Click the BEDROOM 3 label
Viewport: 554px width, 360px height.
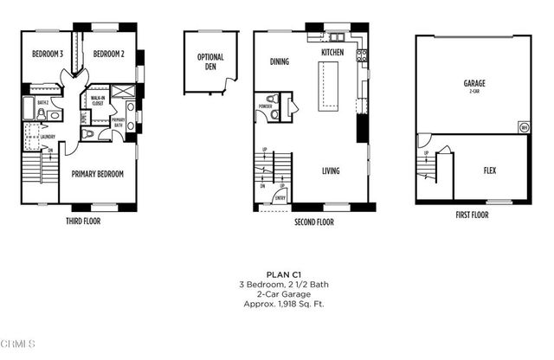(48, 54)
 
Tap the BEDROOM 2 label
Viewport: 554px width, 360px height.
(110, 54)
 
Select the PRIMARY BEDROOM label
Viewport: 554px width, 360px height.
(97, 174)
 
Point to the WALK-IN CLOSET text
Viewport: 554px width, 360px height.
(98, 101)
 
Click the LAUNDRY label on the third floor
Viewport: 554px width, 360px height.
(48, 136)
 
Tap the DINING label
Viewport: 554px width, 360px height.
(279, 62)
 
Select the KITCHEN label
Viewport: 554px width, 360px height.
(332, 53)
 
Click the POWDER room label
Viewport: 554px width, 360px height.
(265, 107)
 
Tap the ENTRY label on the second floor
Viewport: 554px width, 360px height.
(280, 198)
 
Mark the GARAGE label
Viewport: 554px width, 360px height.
(473, 84)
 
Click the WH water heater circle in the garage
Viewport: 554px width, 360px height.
(524, 127)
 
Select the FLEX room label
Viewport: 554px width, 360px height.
(489, 170)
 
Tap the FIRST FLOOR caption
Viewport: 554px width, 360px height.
(472, 214)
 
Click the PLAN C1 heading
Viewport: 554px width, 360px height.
(277, 273)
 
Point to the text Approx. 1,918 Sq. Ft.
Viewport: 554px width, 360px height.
(277, 304)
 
